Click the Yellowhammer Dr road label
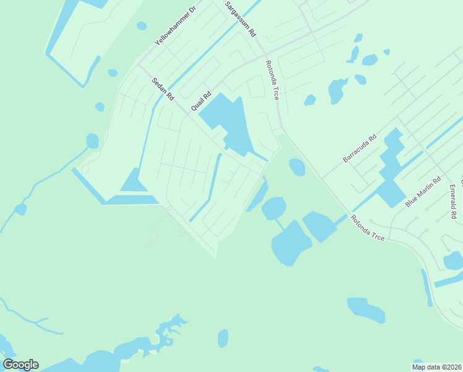tap(175, 28)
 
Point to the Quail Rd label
tap(201, 98)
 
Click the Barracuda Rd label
tap(360, 150)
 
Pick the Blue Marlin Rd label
tap(423, 192)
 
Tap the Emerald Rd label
tap(453, 201)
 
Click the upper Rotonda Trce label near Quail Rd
tap(272, 80)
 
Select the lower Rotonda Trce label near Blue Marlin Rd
tap(367, 228)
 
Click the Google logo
tap(20, 365)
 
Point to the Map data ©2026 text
tap(436, 367)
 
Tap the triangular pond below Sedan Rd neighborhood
tap(132, 181)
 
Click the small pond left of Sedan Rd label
tap(100, 107)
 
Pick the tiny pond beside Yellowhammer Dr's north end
tap(141, 26)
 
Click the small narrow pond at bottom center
tap(223, 339)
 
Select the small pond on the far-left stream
tap(20, 210)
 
